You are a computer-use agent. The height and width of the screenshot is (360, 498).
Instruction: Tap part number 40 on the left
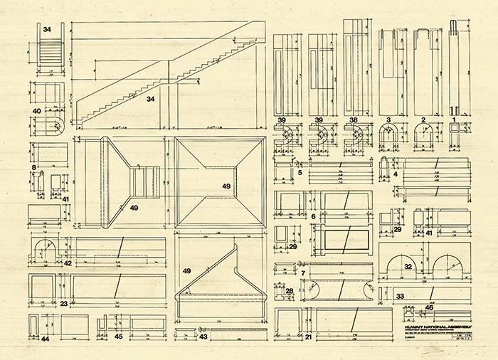click(36, 111)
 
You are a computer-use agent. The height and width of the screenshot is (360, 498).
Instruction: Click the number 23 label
click(64, 304)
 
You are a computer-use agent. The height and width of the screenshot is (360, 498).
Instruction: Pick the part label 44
click(45, 339)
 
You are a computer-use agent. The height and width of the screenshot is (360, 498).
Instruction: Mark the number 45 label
click(118, 337)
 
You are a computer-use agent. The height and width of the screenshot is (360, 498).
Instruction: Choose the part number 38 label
click(354, 120)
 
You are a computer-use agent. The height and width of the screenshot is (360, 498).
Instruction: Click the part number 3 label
click(389, 120)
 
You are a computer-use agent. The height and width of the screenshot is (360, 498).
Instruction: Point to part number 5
click(300, 172)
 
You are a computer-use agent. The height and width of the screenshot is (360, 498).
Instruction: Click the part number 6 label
click(313, 216)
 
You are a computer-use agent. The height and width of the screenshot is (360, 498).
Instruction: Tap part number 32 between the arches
click(428, 266)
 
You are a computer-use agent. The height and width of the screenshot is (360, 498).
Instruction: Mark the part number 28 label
click(290, 291)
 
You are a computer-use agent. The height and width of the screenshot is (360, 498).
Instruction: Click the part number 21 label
click(308, 337)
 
